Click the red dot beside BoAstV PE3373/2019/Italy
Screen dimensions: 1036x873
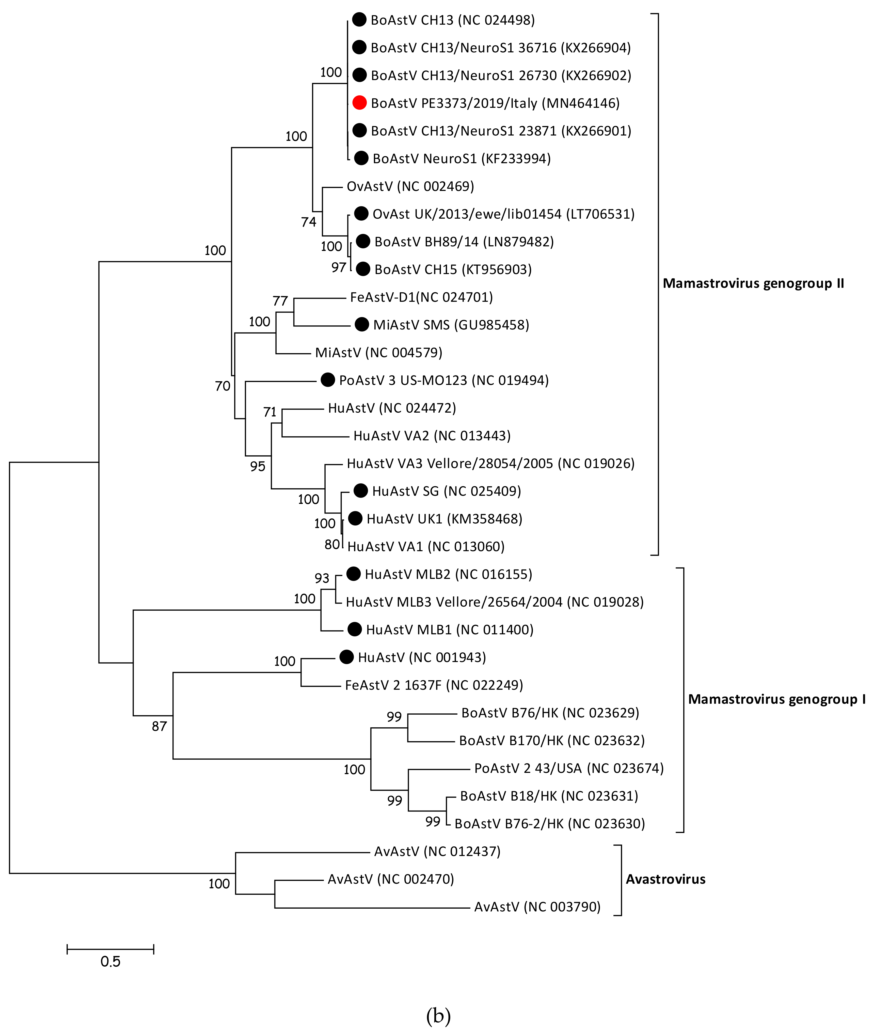(x=359, y=103)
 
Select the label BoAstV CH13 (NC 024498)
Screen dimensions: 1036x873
(x=452, y=20)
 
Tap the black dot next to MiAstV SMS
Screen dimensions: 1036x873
(x=362, y=325)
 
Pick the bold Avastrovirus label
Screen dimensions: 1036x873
(x=666, y=879)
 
